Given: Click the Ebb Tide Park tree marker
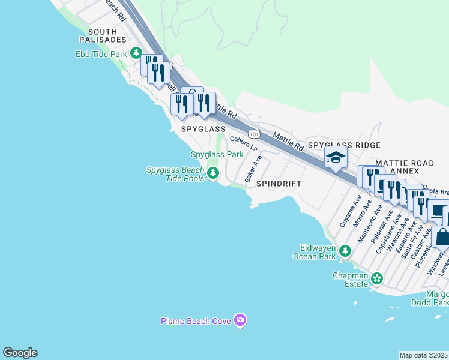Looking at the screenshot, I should click(x=137, y=54).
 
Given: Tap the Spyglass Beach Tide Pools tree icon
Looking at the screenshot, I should click(x=212, y=174).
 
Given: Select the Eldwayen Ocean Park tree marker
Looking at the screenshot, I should click(x=345, y=250).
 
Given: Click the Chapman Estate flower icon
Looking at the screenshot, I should click(x=376, y=278).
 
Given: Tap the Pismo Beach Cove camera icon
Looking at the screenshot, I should click(x=240, y=321).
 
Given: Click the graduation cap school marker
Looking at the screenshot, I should click(x=336, y=158).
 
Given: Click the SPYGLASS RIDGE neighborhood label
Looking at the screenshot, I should click(x=344, y=145).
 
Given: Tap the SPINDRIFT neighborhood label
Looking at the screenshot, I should click(x=279, y=183).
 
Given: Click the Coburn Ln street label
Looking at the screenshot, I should click(x=244, y=143).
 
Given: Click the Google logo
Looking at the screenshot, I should click(x=20, y=353).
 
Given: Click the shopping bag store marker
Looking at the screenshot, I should click(x=442, y=237).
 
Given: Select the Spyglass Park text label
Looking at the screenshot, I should click(x=217, y=154).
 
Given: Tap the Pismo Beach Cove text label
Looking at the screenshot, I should click(x=196, y=321).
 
